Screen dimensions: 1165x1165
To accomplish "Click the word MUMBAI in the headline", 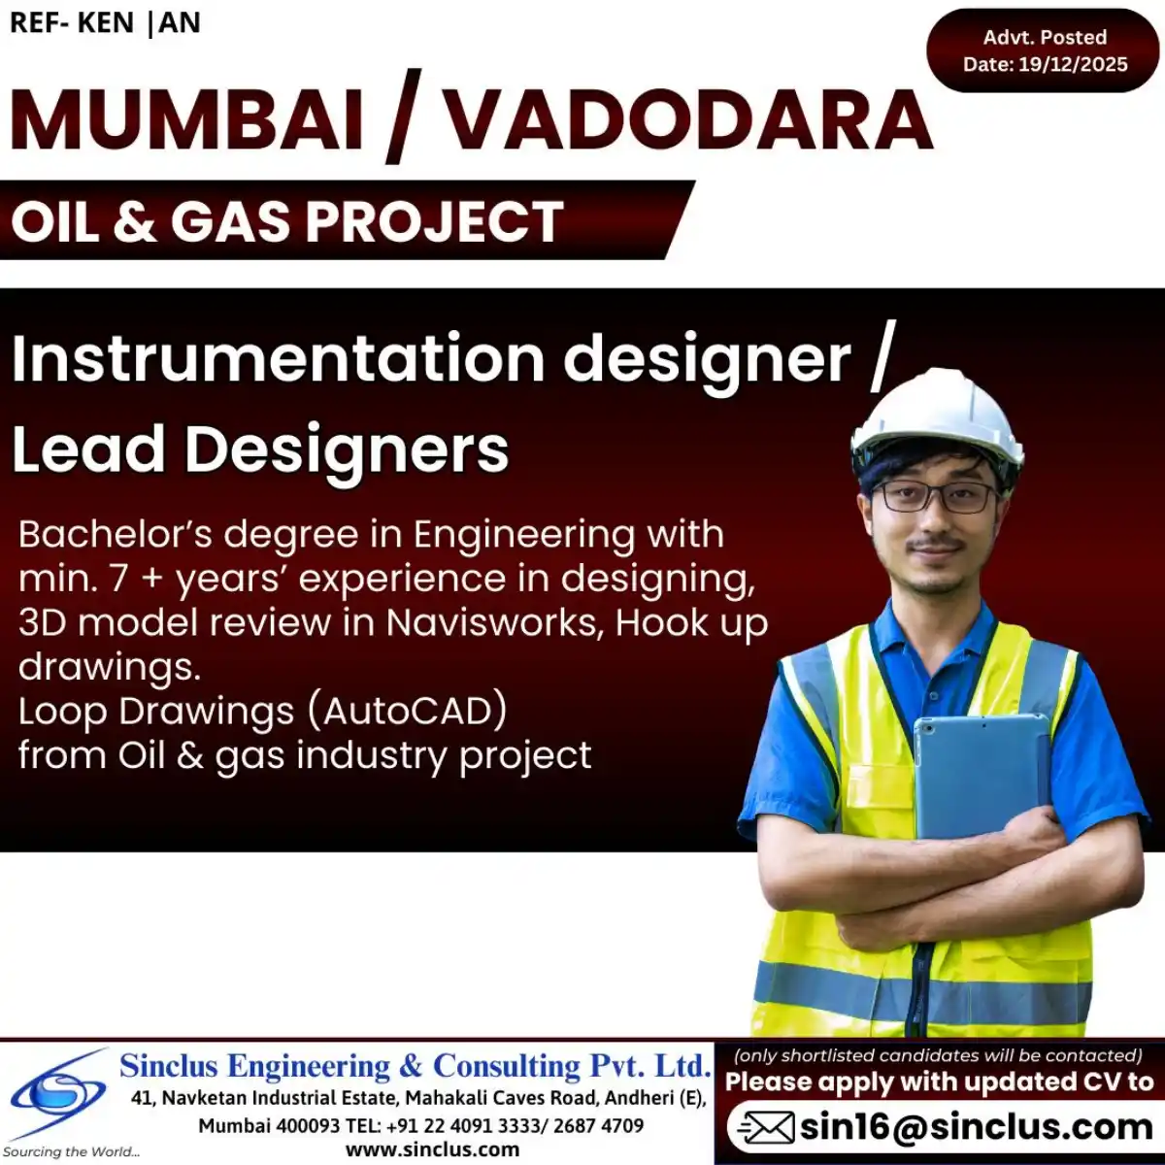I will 186,120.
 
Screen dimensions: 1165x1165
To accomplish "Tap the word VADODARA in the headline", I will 687,120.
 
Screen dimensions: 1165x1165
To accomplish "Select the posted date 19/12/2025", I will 1073,65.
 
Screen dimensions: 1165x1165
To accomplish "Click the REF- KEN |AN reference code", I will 105,23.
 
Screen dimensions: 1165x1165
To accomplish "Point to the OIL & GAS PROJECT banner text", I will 287,221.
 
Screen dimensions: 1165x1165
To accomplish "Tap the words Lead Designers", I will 260,449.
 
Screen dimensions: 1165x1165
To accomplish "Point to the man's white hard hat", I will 937,413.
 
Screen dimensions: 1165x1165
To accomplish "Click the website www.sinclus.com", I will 432,1149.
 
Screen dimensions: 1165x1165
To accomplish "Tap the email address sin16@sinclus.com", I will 975,1127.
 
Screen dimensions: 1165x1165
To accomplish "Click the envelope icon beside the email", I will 766,1128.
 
